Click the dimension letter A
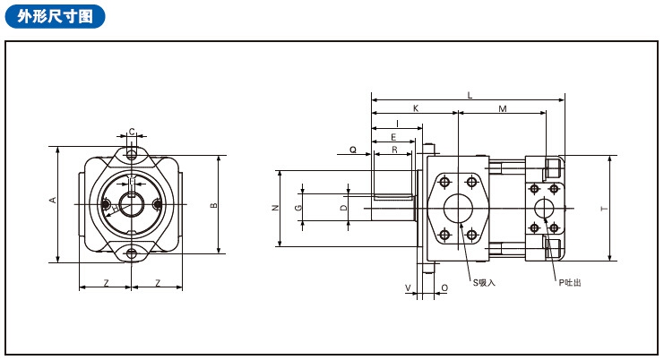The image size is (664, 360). pyautogui.click(x=53, y=200)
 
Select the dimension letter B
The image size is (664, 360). pyautogui.click(x=213, y=206)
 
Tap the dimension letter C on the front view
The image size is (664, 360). pyautogui.click(x=132, y=132)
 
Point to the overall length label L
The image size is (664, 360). pyautogui.click(x=470, y=95)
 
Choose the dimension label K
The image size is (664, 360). pyautogui.click(x=415, y=108)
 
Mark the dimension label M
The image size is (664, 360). pyautogui.click(x=502, y=108)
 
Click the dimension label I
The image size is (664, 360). pyautogui.click(x=396, y=123)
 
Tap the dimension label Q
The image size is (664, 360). pyautogui.click(x=353, y=150)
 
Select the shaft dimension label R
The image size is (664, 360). pyautogui.click(x=394, y=150)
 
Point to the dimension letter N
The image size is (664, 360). pyautogui.click(x=274, y=208)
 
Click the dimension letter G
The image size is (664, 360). pyautogui.click(x=298, y=208)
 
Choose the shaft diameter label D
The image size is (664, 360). pyautogui.click(x=343, y=208)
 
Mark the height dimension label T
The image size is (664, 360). pyautogui.click(x=604, y=209)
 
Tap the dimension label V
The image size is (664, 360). pyautogui.click(x=408, y=288)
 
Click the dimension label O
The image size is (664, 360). pyautogui.click(x=444, y=288)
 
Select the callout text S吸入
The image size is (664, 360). pyautogui.click(x=484, y=282)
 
